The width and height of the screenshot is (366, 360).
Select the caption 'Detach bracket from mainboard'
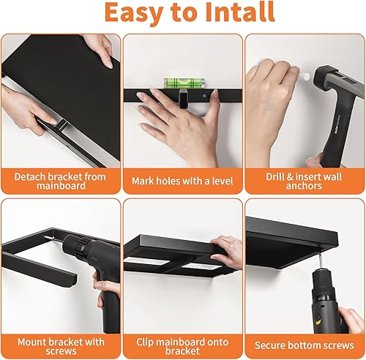pyautogui.click(x=60, y=182)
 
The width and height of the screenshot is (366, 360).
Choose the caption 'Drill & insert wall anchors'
pyautogui.click(x=305, y=182)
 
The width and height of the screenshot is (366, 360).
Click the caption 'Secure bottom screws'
pyautogui.click(x=305, y=344)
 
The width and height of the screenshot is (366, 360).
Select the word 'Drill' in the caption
pyautogui.click(x=276, y=176)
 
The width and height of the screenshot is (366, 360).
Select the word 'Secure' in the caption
pyautogui.click(x=273, y=344)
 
